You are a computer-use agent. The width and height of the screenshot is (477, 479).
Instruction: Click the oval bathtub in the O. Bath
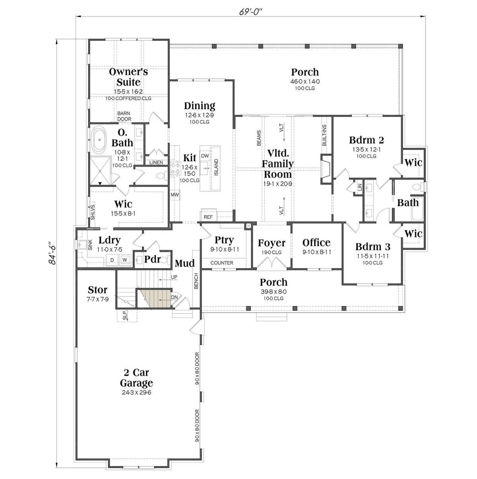(99, 140)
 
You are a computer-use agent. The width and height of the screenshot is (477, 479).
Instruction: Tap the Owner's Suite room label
(128, 77)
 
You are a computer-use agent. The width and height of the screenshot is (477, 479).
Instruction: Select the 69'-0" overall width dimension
(251, 12)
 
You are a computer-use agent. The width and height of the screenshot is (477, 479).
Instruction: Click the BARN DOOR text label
(124, 116)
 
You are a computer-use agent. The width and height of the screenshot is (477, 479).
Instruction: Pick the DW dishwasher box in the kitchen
(205, 156)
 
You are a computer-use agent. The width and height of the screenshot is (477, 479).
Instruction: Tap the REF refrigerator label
(208, 217)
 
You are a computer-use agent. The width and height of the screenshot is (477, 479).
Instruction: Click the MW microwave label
(175, 195)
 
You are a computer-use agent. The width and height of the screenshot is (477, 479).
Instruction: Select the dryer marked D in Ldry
(112, 260)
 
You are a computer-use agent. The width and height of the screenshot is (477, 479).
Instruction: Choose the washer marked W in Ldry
(125, 260)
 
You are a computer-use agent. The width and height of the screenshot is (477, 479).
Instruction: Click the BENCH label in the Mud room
(196, 281)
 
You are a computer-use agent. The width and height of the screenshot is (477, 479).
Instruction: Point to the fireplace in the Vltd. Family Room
(326, 169)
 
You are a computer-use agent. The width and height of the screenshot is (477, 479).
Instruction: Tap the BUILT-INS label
(324, 135)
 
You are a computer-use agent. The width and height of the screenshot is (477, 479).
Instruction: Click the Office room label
(316, 242)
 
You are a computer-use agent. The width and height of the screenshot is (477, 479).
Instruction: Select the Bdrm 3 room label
(372, 246)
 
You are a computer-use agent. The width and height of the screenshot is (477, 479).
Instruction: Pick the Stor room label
(97, 289)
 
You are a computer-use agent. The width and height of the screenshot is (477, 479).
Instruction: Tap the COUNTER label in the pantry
(222, 263)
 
